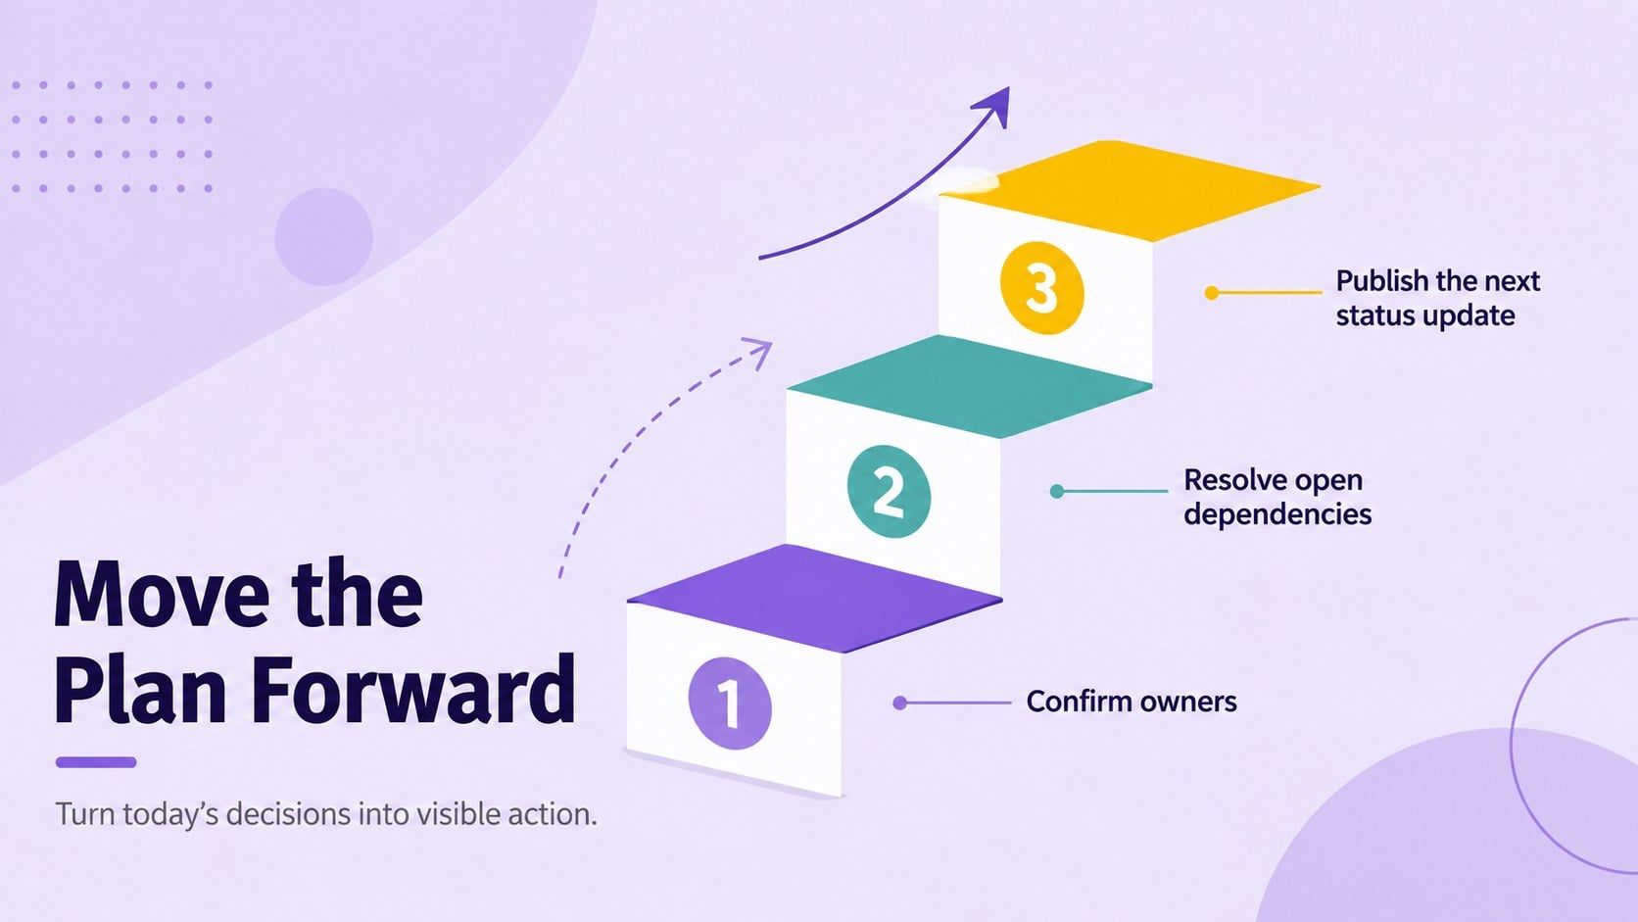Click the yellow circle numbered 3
(x=1042, y=288)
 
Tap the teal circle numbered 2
(x=889, y=491)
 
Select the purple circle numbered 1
(x=730, y=704)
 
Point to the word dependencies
(x=1277, y=514)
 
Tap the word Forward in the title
(x=413, y=689)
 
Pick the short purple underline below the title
(x=96, y=762)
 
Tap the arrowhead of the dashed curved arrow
(x=760, y=351)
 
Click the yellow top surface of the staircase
(x=1130, y=190)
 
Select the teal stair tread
(x=970, y=386)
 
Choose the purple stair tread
(x=815, y=598)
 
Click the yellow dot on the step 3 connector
(x=1212, y=292)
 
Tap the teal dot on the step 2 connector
(x=1057, y=491)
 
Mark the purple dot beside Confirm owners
(x=900, y=703)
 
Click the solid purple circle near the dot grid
(x=324, y=237)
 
